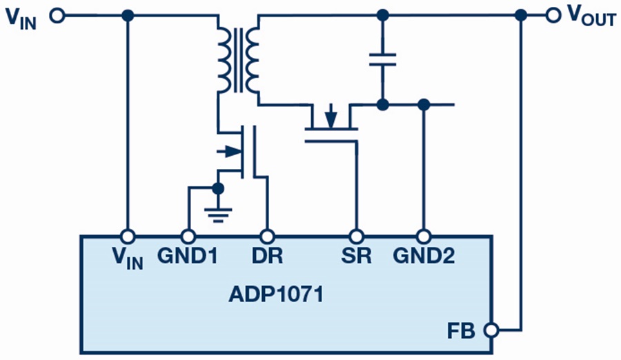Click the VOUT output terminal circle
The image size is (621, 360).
551,14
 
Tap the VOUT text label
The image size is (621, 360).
590,17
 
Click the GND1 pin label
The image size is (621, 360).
186,256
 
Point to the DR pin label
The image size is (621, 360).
267,256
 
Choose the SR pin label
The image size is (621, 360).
356,256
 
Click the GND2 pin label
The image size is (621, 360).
424,256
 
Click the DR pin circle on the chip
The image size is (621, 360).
267,234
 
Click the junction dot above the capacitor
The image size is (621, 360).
382,14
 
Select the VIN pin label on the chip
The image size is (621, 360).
128,257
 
